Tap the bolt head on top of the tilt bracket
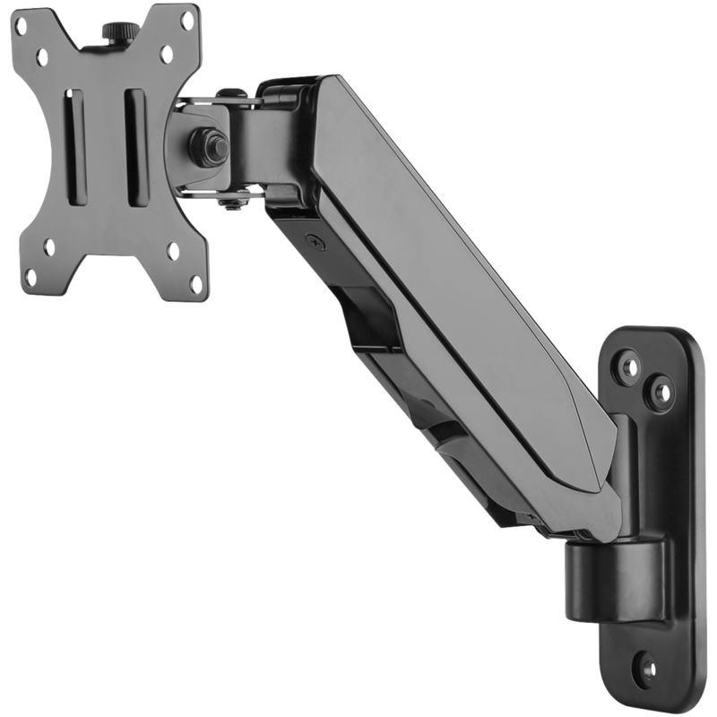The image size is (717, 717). [x=231, y=92]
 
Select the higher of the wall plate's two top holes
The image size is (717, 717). [x=629, y=367]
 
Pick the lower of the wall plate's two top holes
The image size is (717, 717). [x=661, y=392]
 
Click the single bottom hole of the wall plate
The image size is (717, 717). [x=644, y=668]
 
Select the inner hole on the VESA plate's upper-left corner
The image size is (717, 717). [x=42, y=57]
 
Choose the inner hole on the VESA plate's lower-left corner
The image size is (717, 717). [x=49, y=246]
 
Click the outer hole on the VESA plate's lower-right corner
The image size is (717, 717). [x=196, y=285]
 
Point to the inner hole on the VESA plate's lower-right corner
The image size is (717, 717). [x=173, y=252]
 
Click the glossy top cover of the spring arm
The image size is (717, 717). [x=466, y=269]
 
